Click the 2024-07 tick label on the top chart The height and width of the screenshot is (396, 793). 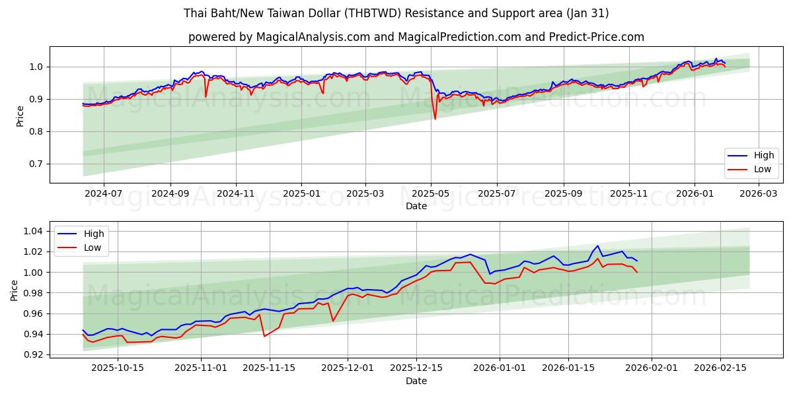pyautogui.click(x=104, y=194)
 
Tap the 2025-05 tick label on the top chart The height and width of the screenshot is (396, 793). pyautogui.click(x=431, y=194)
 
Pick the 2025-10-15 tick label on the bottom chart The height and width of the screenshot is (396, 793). pyautogui.click(x=118, y=368)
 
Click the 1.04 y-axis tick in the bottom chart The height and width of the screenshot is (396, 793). pyautogui.click(x=31, y=231)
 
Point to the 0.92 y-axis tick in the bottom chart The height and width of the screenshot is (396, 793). pyautogui.click(x=31, y=354)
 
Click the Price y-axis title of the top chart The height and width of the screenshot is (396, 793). pyautogui.click(x=20, y=115)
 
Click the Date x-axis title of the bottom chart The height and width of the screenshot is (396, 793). pyautogui.click(x=416, y=381)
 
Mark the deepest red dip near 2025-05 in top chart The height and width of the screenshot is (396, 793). pyautogui.click(x=435, y=119)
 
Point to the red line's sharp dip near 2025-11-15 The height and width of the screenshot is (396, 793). pyautogui.click(x=265, y=336)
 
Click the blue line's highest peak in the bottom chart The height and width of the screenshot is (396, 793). pyautogui.click(x=597, y=246)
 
